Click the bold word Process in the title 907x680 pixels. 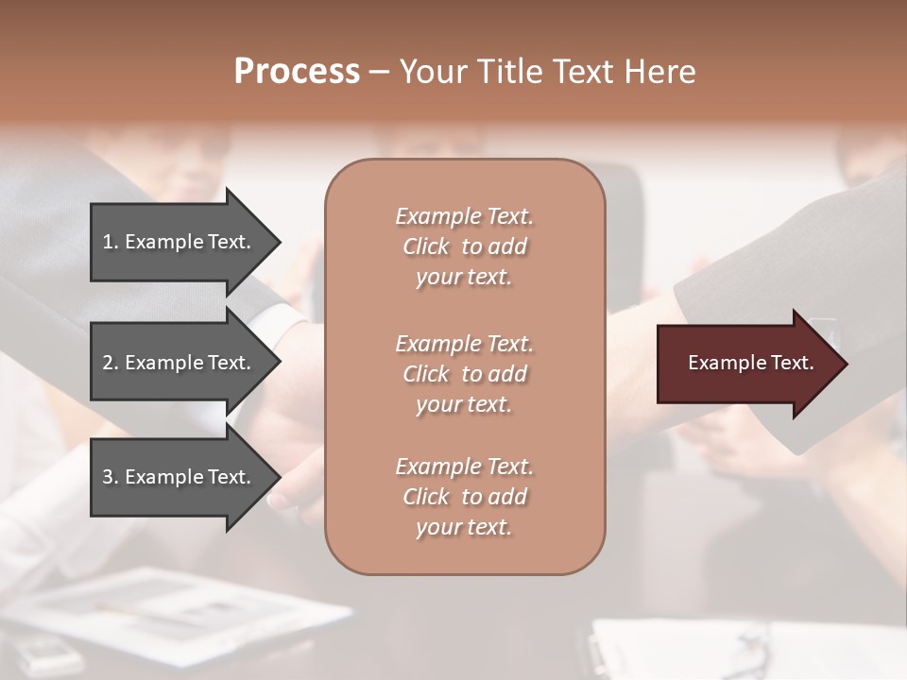point(297,72)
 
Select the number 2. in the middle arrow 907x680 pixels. point(110,363)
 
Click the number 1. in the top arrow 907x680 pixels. point(110,242)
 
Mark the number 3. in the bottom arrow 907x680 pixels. point(110,477)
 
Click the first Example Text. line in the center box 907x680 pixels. point(464,216)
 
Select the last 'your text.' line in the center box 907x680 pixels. point(464,527)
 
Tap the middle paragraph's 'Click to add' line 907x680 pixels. point(464,374)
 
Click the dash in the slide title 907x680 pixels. point(379,72)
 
